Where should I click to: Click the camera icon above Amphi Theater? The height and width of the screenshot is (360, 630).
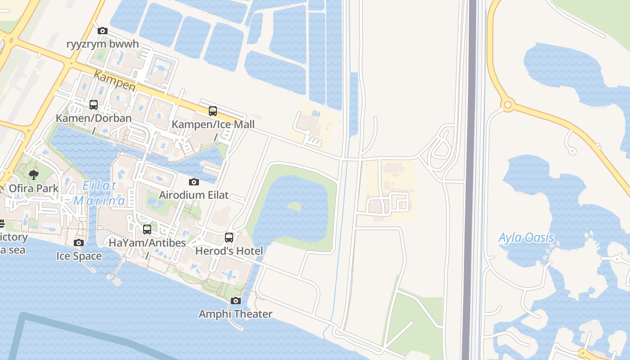coord(236,301)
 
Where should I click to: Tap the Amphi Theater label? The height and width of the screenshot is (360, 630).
coord(235,314)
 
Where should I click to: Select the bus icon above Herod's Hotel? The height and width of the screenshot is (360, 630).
coord(229,237)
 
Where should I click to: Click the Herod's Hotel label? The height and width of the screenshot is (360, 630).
coord(229,251)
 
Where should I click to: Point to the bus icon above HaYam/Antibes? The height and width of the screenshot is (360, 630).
coord(147,229)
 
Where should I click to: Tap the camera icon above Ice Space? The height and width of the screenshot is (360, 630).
coord(79,243)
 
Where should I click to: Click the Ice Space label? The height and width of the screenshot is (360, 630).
coord(79,256)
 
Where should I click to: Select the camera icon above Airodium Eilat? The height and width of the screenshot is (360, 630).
coord(194,182)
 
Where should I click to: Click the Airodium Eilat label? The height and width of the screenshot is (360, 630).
coord(194,195)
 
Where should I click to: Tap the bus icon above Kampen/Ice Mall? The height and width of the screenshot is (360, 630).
coord(213,111)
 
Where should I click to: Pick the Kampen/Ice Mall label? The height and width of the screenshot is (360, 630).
coord(213,124)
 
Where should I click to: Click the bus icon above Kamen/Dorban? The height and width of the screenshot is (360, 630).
coord(94,105)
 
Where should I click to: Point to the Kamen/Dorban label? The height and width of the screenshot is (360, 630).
coord(94,118)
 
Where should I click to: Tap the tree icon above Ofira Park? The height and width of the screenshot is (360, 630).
coord(34,175)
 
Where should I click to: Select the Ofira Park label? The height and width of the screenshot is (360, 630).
coord(34,188)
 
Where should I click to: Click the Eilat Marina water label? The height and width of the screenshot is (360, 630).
coord(99,193)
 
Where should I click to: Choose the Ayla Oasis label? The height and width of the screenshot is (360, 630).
coord(526,238)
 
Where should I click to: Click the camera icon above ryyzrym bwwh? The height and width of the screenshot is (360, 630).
coord(103,31)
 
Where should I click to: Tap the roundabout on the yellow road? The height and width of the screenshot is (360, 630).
coord(508,105)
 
